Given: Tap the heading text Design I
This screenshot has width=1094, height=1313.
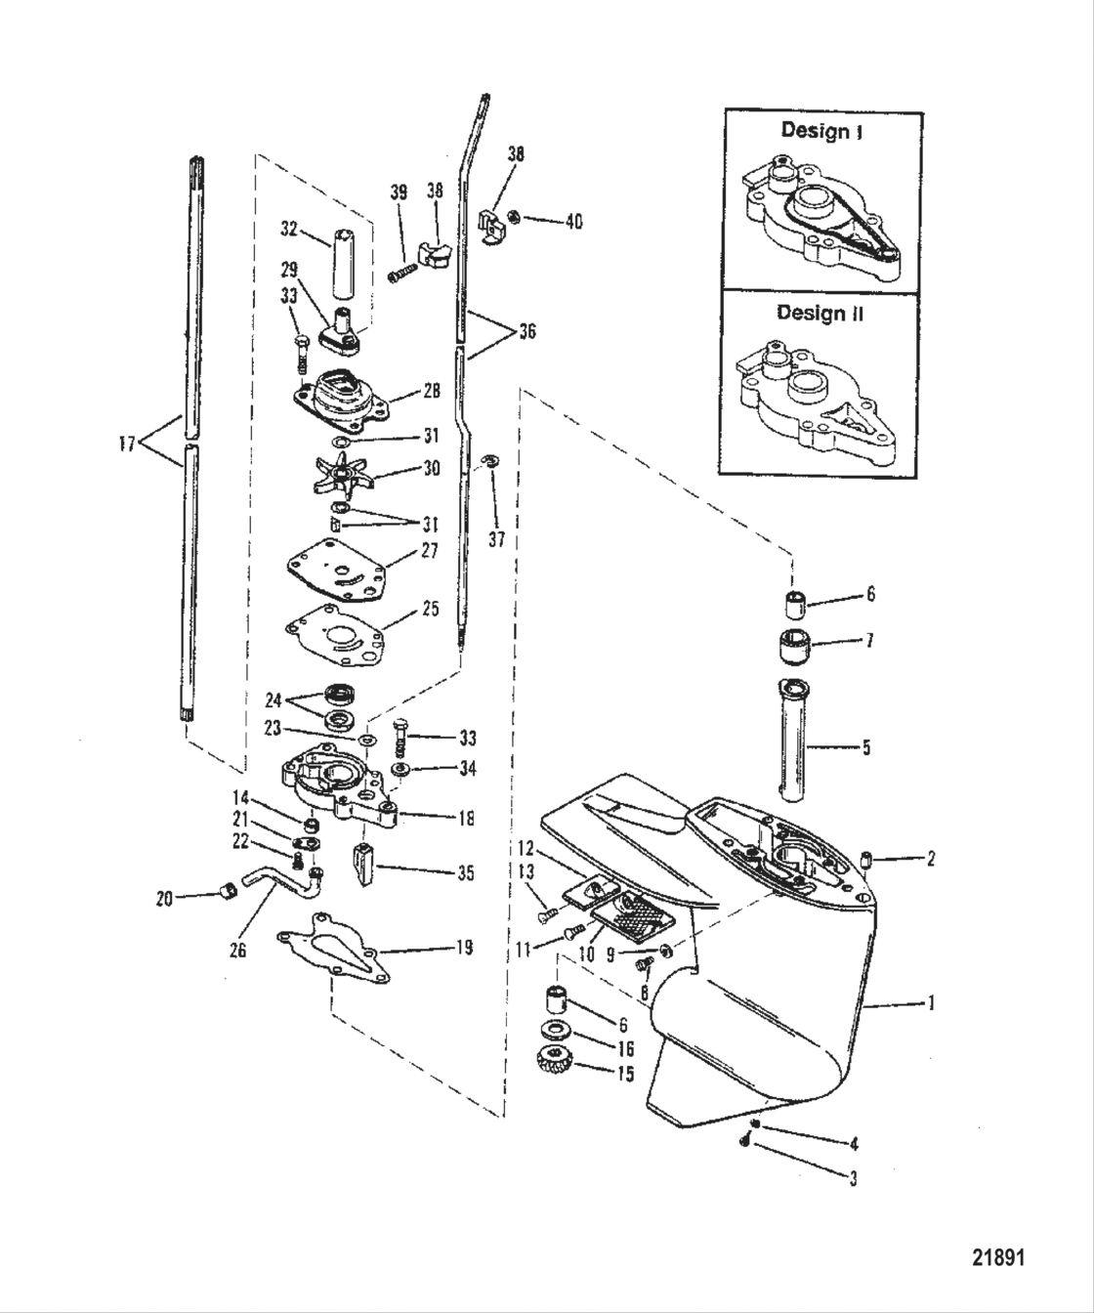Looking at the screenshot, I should click(820, 131).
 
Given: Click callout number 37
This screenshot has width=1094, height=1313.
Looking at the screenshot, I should click(497, 538).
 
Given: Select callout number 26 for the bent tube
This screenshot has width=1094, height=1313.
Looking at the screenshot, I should click(237, 946).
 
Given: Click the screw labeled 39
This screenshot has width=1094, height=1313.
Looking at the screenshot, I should click(400, 276).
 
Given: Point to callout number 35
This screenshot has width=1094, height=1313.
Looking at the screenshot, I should click(465, 872).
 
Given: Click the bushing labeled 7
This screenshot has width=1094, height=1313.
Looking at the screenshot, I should click(796, 648).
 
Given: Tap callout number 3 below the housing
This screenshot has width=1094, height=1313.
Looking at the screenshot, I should click(853, 1178).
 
